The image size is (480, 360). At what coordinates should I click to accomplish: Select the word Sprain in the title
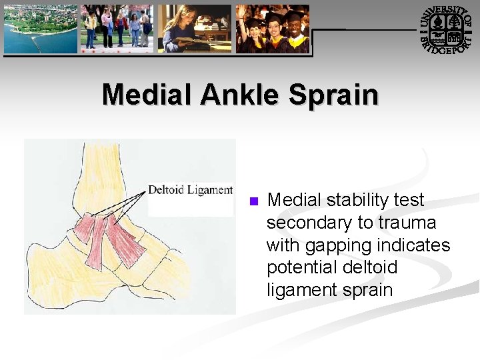tap(334, 95)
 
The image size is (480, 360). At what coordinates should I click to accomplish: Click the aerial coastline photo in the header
tap(41, 29)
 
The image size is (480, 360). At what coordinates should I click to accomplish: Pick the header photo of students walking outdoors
tap(117, 29)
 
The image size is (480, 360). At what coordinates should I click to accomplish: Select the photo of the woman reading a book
tap(195, 29)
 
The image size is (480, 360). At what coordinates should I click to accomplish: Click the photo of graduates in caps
tap(273, 29)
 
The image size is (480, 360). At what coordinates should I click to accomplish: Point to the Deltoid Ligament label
tap(190, 190)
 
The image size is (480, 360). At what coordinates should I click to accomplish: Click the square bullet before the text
tap(253, 201)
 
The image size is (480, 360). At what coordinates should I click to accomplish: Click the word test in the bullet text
tap(409, 200)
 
